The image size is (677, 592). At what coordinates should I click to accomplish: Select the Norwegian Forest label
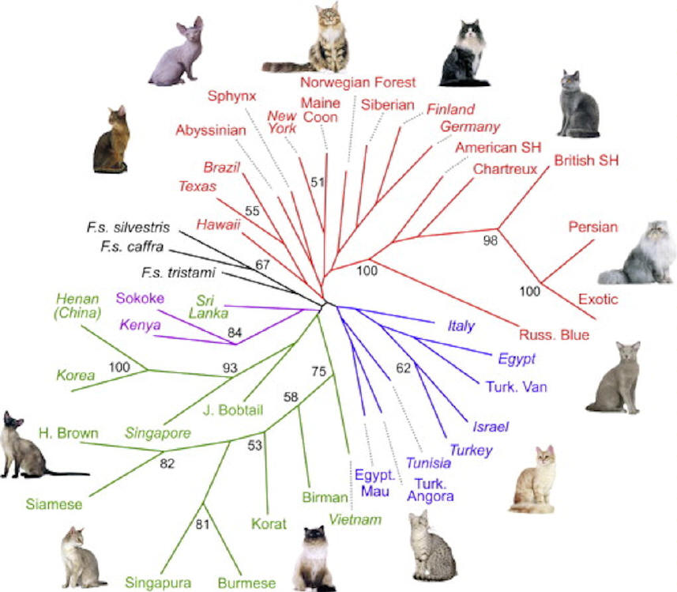pos(358,81)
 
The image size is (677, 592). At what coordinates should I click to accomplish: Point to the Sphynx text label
pos(233,96)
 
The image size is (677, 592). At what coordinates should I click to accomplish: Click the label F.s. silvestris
pos(129,227)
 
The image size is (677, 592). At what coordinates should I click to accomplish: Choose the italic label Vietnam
pos(356,519)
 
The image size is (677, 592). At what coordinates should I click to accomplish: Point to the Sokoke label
pos(139,298)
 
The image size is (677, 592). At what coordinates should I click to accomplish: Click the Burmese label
pos(246,583)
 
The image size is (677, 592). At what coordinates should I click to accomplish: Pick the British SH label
pos(586,160)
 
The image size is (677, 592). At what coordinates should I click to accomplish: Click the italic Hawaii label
pos(218,224)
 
